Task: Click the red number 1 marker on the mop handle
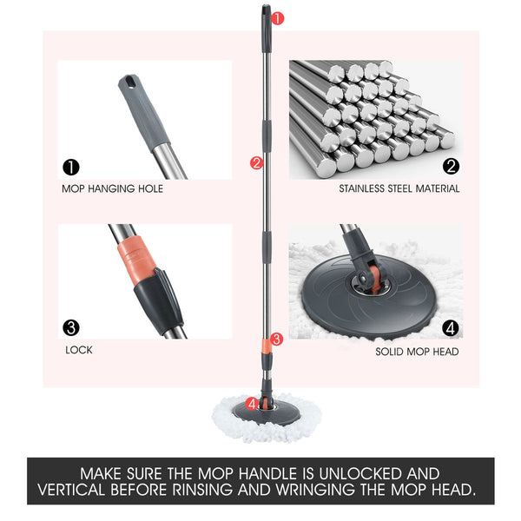click(278, 18)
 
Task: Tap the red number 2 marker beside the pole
click(256, 163)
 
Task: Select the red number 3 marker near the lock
click(276, 340)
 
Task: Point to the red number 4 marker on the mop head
click(252, 404)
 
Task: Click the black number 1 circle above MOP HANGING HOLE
click(71, 167)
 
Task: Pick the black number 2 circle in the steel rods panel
click(451, 166)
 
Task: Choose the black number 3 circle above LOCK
click(71, 328)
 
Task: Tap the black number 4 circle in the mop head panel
click(451, 328)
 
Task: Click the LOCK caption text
click(79, 350)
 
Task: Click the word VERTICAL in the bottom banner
click(72, 490)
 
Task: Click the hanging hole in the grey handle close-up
click(130, 82)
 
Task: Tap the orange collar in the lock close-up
click(136, 259)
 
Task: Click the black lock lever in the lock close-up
click(160, 300)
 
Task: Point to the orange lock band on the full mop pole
click(267, 346)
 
